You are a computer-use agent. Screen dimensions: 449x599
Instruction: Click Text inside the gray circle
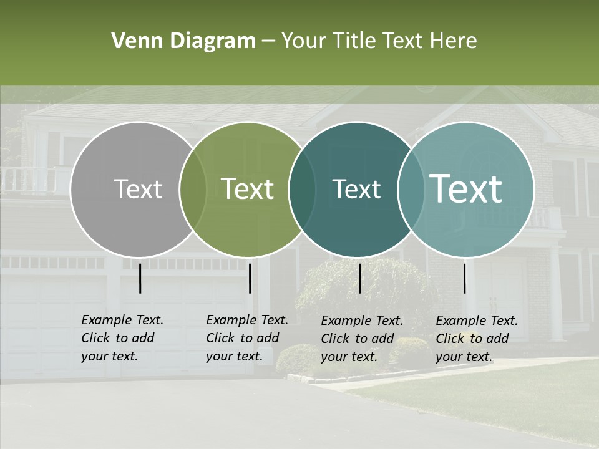138,189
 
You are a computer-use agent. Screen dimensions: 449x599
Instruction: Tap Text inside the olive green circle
247,189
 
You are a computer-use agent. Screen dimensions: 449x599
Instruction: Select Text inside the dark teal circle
356,189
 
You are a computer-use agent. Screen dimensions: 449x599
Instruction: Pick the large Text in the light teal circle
466,189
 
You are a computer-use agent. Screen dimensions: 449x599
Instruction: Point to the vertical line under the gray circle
140,278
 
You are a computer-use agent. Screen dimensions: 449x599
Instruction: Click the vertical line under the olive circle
250,278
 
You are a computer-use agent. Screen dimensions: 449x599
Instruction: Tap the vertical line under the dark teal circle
359,278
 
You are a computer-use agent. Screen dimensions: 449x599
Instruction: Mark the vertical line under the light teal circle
465,278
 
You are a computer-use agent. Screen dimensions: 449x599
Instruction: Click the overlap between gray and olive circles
193,189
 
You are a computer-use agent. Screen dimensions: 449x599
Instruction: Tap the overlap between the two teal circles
409,189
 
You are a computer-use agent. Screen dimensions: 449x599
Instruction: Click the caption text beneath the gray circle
122,338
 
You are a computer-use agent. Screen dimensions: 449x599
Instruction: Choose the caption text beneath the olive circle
246,338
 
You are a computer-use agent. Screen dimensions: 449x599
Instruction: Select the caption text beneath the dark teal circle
361,339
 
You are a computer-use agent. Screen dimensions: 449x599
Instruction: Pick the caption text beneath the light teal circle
476,339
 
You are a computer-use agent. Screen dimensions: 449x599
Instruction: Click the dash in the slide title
268,42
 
